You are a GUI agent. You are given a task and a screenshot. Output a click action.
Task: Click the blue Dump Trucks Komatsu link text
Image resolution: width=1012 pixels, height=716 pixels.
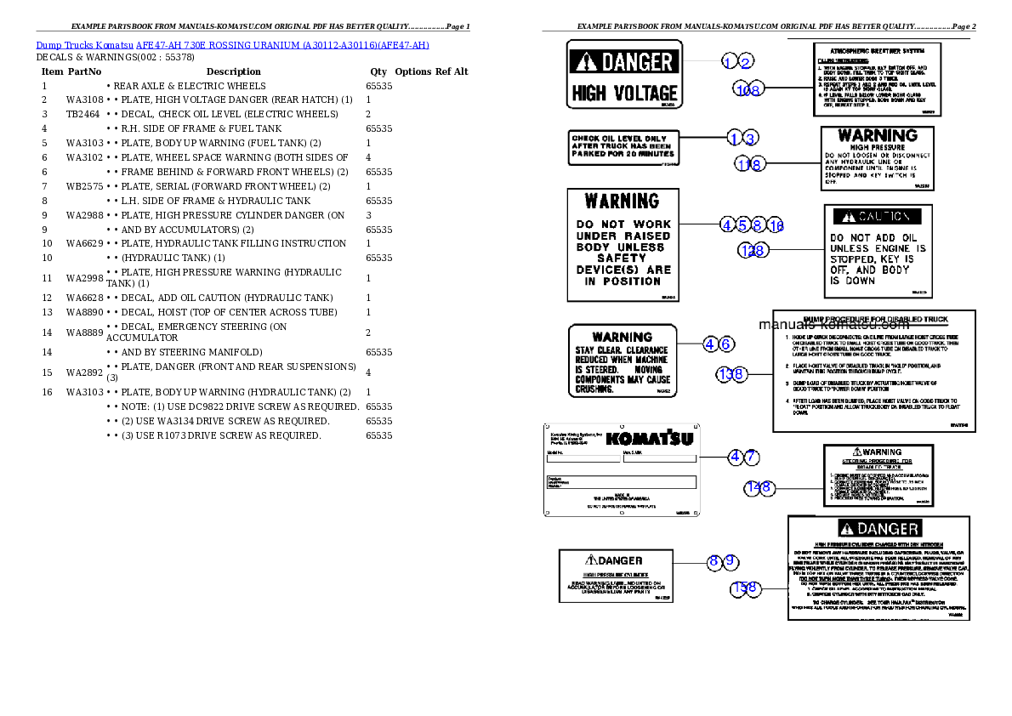pos(232,45)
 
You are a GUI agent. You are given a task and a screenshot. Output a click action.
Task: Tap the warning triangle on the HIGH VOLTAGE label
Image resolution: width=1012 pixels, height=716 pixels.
pos(586,61)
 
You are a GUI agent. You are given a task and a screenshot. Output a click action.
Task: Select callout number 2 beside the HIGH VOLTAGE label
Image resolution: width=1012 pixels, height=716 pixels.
pos(746,61)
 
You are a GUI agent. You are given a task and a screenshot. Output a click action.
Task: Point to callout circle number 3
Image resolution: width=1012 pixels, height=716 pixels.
pos(749,138)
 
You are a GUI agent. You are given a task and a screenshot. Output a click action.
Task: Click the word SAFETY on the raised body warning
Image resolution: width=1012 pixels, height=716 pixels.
pos(623,259)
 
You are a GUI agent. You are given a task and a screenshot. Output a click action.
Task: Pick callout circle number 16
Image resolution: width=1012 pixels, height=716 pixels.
pos(776,225)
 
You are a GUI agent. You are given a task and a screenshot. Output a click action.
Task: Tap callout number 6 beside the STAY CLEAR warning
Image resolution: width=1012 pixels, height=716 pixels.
pos(726,344)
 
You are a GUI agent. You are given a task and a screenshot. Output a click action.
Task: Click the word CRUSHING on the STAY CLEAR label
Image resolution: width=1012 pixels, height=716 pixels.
pos(594,389)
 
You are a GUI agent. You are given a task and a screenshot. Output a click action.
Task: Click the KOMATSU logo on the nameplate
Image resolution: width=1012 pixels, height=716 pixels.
pos(650,439)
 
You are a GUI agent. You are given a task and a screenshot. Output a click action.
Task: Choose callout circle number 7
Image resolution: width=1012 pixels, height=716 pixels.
pos(752,457)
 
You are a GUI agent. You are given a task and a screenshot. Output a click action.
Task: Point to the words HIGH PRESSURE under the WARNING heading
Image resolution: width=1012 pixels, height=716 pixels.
pos(877,147)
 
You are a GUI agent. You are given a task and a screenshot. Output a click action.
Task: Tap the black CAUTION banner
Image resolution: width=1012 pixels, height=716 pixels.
pos(877,216)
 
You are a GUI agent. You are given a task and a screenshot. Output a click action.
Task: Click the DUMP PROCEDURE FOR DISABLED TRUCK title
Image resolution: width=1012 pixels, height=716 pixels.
pos(875,320)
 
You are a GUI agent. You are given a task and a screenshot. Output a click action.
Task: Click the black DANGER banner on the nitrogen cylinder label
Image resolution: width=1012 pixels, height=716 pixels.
pos(878,529)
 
